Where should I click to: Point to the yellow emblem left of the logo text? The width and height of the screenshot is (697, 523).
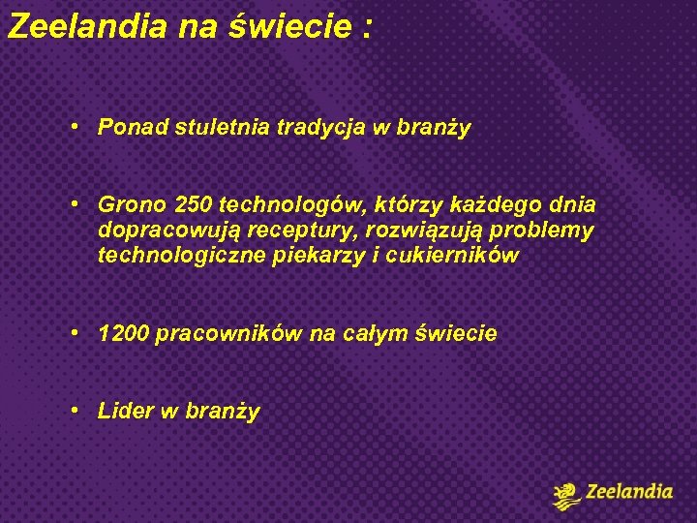567,494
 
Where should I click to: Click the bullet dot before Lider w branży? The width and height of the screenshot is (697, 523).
74,410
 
